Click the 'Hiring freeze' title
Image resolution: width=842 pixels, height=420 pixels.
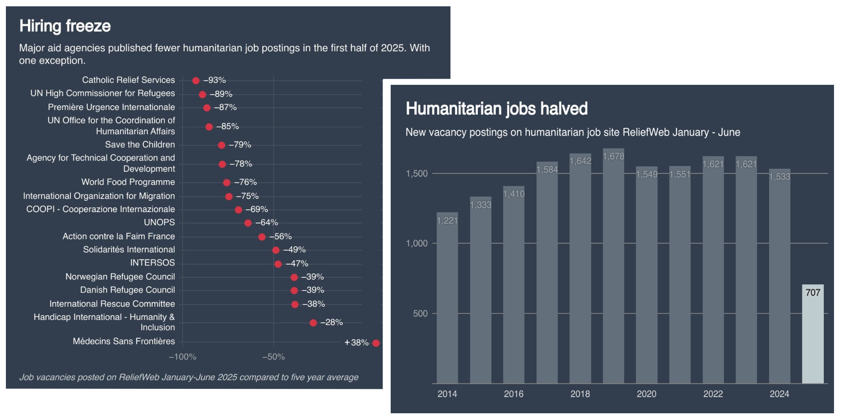pos(65,26)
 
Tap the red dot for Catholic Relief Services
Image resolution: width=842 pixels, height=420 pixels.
pos(196,80)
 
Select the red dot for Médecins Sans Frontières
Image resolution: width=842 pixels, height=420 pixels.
pos(376,343)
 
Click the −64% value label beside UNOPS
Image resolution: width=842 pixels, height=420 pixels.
pos(267,223)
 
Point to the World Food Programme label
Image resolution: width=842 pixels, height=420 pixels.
pos(128,182)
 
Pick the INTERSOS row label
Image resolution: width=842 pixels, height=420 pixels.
pos(152,263)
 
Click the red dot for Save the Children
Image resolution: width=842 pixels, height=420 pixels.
pos(221,145)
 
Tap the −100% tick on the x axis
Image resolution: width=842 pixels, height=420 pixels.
pos(183,357)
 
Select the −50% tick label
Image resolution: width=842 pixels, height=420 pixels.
pos(274,357)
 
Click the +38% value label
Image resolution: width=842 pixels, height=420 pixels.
pos(356,343)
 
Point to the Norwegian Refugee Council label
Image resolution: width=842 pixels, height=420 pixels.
pos(120,277)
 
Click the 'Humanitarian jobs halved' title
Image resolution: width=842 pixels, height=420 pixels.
pos(496,109)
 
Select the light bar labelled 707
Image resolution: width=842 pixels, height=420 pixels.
pos(813,337)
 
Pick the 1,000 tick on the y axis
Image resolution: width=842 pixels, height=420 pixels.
pos(416,244)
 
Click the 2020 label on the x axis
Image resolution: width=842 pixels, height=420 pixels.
pos(646,394)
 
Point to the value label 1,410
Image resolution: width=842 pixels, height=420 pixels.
pos(514,194)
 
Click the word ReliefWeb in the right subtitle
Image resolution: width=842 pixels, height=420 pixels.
pos(645,133)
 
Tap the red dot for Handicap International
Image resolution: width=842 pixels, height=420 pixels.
pos(313,323)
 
